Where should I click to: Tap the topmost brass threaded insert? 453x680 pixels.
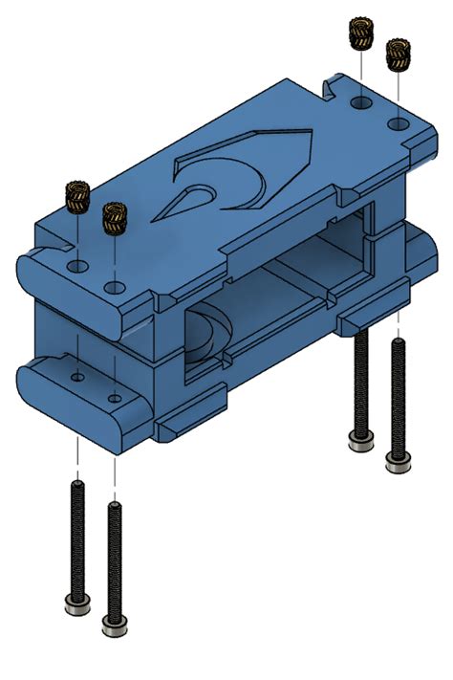coord(360,33)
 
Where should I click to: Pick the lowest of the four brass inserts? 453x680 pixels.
coord(115,220)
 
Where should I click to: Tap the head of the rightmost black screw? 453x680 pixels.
coord(397,462)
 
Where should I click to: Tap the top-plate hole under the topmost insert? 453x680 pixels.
coord(360,100)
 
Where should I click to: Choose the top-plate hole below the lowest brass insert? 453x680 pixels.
coord(116,287)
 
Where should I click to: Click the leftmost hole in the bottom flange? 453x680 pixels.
coord(76,376)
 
